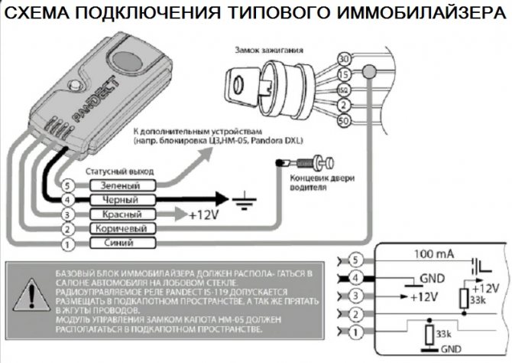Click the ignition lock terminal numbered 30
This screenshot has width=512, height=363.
coord(344,58)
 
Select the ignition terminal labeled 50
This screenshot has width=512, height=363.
coord(344,122)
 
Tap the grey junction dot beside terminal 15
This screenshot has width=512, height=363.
coord(369,71)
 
